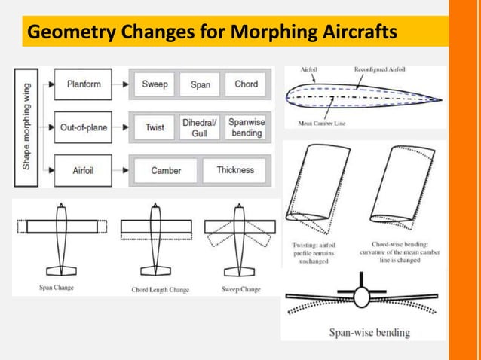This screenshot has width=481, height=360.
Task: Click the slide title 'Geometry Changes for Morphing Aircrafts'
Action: pyautogui.click(x=210, y=33)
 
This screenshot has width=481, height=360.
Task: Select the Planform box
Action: pyautogui.click(x=83, y=84)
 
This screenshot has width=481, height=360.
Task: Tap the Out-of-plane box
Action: pyautogui.click(x=83, y=127)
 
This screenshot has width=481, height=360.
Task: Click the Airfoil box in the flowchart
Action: pyautogui.click(x=83, y=171)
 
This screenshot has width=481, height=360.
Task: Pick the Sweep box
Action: pyautogui.click(x=155, y=84)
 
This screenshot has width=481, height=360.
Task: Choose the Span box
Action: pyautogui.click(x=200, y=84)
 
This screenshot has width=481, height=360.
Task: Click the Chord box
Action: pyautogui.click(x=246, y=84)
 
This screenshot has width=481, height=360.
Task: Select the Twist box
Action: pyautogui.click(x=155, y=127)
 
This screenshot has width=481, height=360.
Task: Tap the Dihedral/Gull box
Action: pyautogui.click(x=199, y=127)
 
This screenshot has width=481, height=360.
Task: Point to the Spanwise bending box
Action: pyautogui.click(x=246, y=127)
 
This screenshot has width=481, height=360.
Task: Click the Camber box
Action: pyautogui.click(x=166, y=171)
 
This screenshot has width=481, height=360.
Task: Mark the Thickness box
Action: pyautogui.click(x=235, y=171)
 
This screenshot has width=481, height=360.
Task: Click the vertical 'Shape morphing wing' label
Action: pyautogui.click(x=26, y=127)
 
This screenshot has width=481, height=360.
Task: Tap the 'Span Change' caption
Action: pyautogui.click(x=57, y=288)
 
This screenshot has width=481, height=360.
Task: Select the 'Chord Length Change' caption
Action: pyautogui.click(x=160, y=289)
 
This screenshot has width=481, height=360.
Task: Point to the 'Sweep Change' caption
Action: pyautogui.click(x=240, y=289)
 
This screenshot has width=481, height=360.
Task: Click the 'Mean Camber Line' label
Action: pyautogui.click(x=321, y=124)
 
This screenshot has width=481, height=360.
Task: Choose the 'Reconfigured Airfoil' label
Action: pyautogui.click(x=379, y=70)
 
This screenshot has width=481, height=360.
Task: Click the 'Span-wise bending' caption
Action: pyautogui.click(x=369, y=332)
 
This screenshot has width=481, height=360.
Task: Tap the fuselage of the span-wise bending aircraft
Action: pyautogui.click(x=363, y=298)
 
